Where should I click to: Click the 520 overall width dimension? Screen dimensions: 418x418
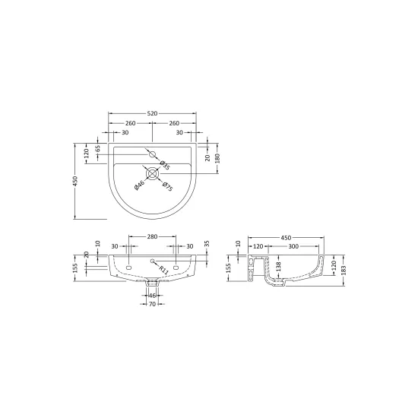tap(152, 113)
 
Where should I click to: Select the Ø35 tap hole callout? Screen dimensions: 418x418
tap(165, 165)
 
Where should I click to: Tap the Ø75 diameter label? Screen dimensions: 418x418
tap(168, 187)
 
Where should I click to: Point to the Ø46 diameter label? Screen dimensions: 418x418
tap(139, 185)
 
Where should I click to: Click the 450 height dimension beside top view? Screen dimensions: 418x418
tap(75, 181)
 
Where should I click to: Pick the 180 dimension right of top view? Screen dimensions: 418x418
tap(217, 158)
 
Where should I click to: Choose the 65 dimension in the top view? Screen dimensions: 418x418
tap(98, 148)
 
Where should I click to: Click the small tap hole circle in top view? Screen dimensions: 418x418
tap(152, 154)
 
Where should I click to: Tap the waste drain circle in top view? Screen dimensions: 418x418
tap(152, 173)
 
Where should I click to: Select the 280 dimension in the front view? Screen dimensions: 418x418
tap(152, 236)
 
